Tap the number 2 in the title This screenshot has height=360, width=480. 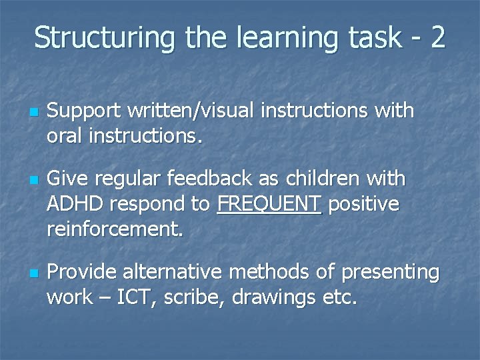pyautogui.click(x=437, y=38)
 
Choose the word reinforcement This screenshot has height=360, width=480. pyautogui.click(x=114, y=229)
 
